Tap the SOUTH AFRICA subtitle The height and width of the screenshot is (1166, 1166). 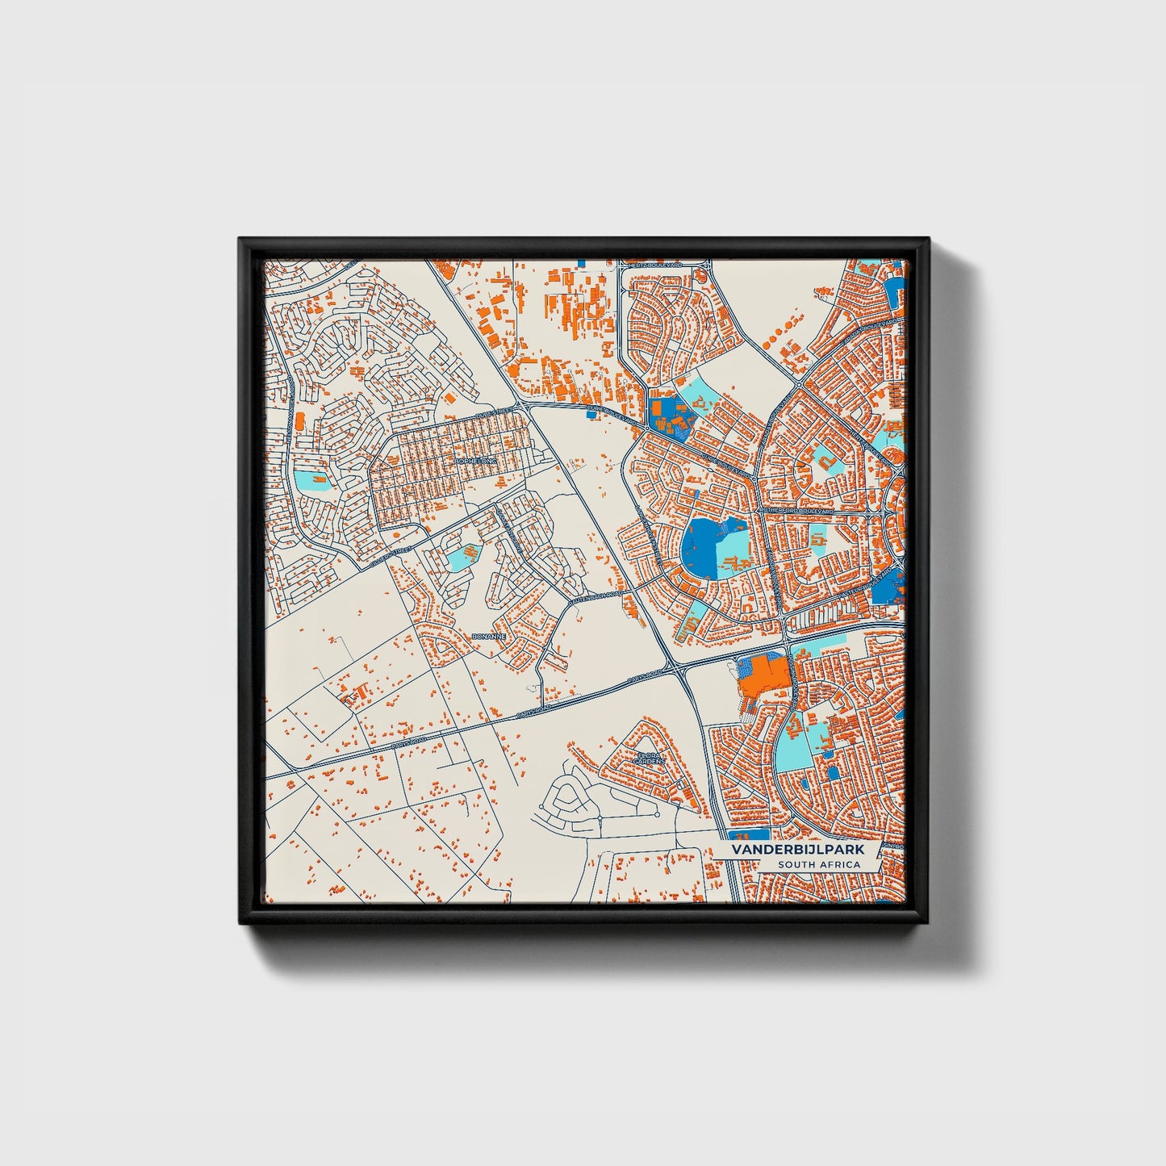(819, 865)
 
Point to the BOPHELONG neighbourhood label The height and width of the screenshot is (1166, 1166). (476, 461)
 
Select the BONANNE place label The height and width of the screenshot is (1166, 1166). (488, 637)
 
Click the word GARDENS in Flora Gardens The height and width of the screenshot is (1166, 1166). (650, 762)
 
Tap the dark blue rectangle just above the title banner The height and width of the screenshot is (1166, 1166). (748, 834)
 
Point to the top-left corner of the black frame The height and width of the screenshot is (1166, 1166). (240, 240)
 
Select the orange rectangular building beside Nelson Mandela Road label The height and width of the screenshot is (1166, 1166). (299, 420)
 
